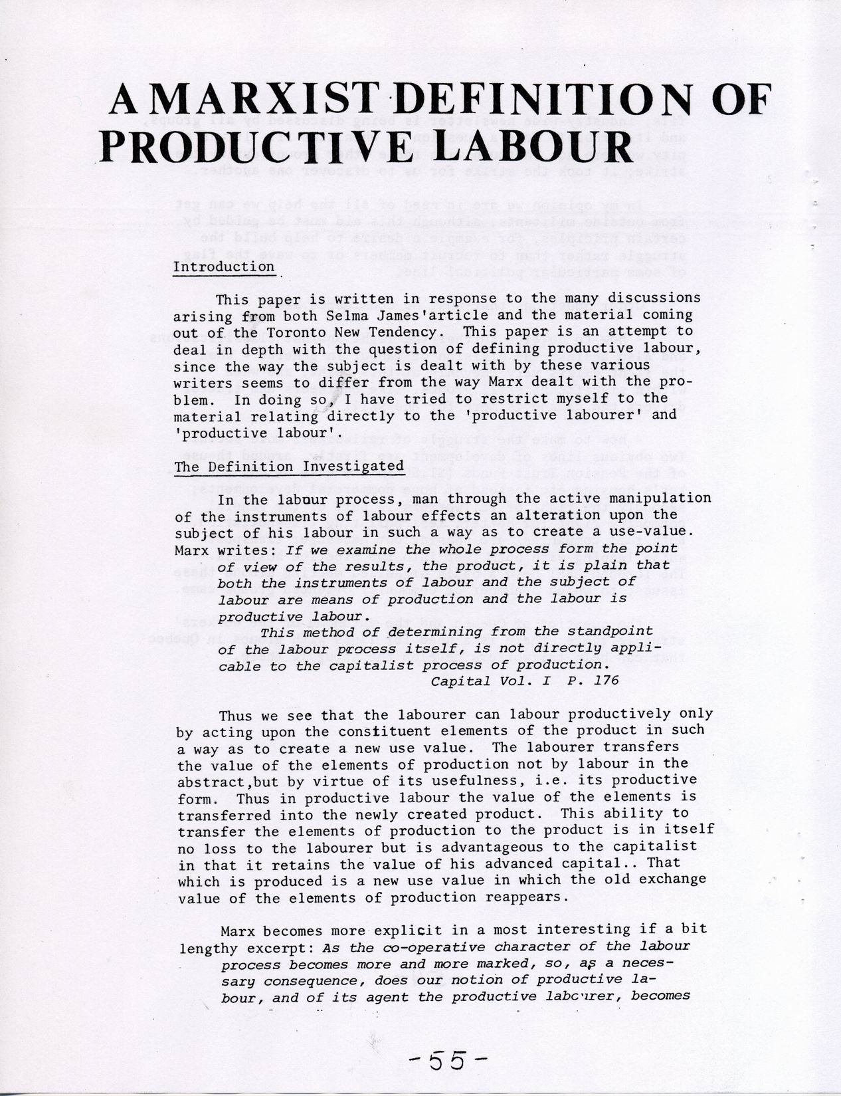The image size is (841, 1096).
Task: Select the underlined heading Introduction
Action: [x=224, y=267]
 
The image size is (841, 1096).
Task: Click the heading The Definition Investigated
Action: [x=289, y=466]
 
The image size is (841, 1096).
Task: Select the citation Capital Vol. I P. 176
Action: [x=525, y=681]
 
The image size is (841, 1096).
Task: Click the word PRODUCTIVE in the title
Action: [x=265, y=146]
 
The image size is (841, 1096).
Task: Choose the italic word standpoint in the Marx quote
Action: [x=611, y=631]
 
